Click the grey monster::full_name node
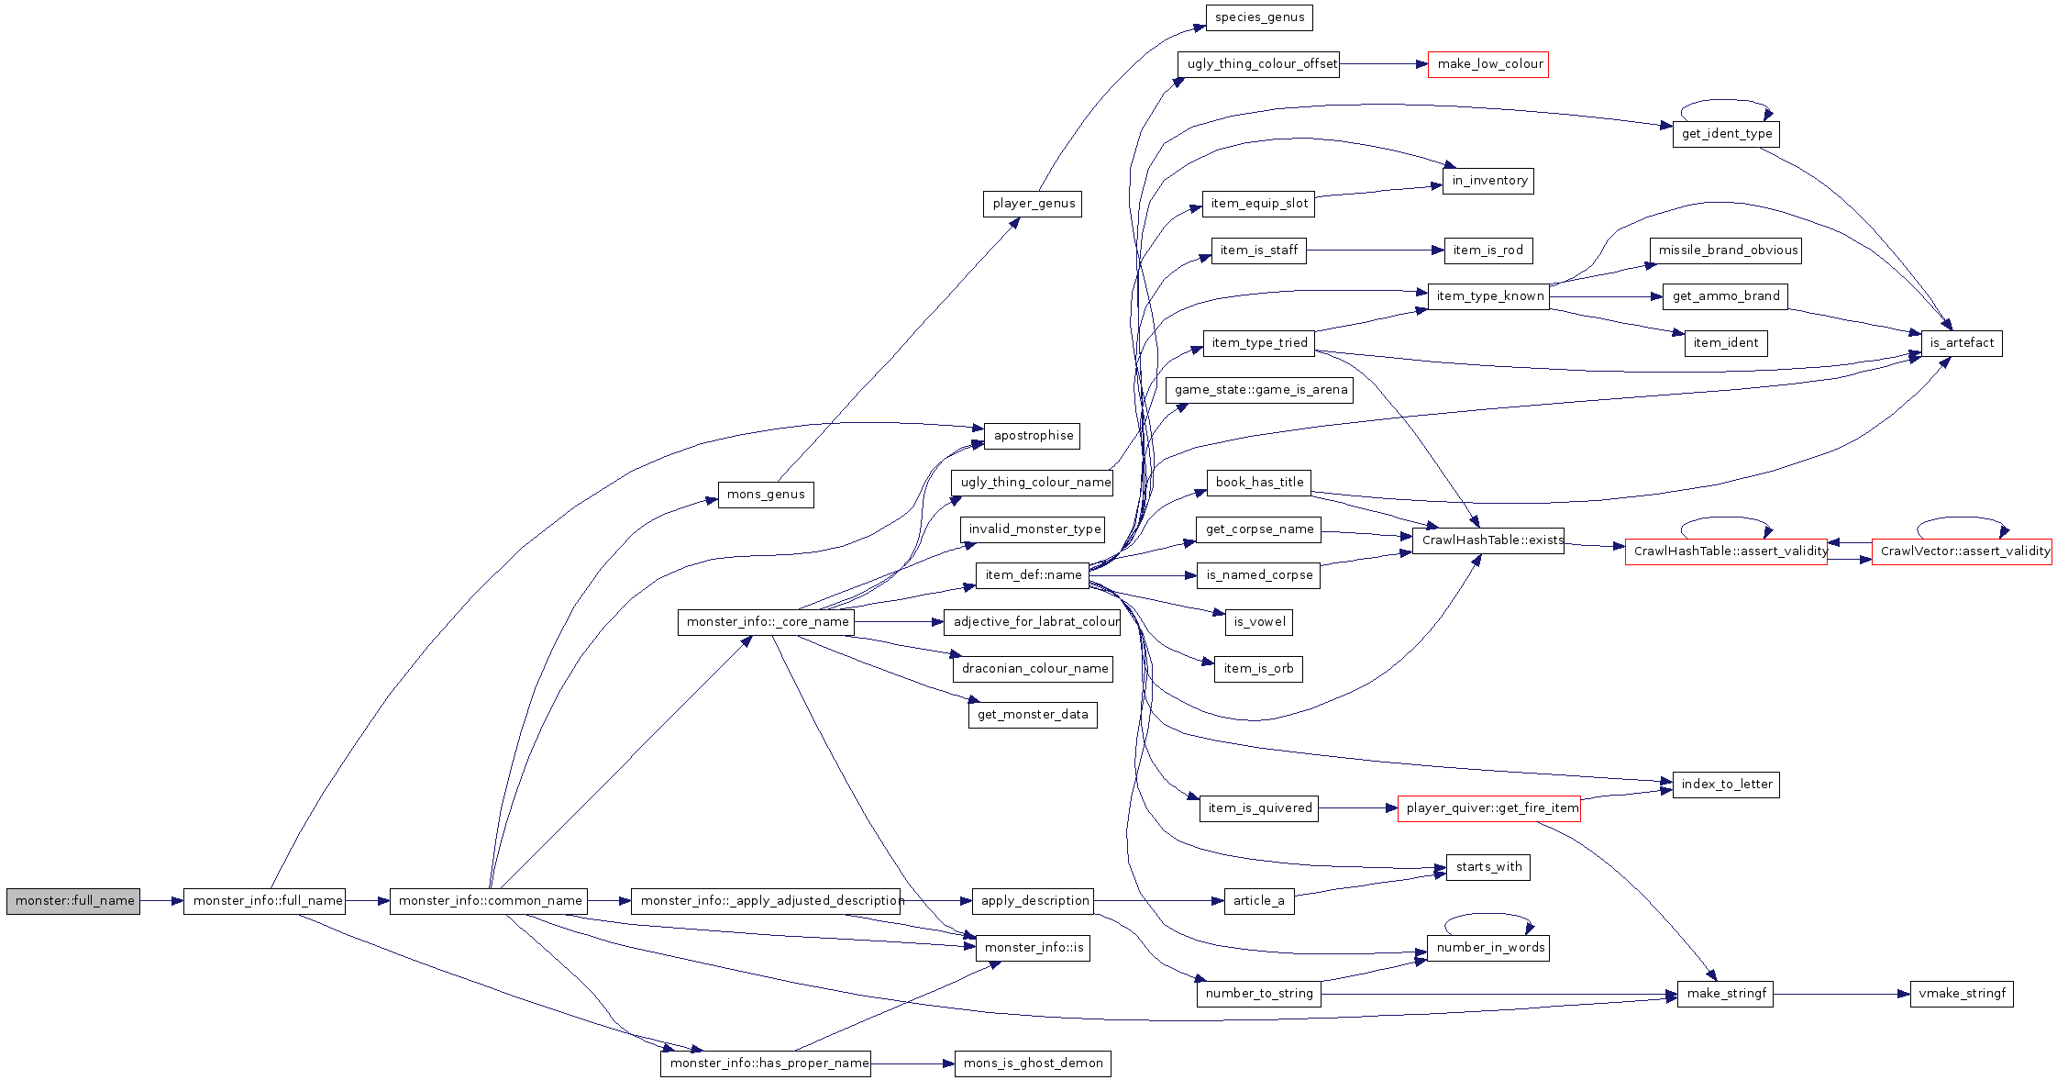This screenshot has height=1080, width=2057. click(73, 901)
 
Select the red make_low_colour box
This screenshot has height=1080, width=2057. click(1487, 64)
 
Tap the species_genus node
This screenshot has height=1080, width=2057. click(1259, 17)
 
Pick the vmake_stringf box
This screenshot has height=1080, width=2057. click(1962, 994)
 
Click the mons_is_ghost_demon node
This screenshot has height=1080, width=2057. click(1033, 1063)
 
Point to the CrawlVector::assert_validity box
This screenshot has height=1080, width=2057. click(1962, 551)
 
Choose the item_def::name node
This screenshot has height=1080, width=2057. click(1033, 575)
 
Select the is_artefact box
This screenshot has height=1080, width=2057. click(1962, 343)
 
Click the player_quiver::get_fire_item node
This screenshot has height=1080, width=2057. click(1489, 808)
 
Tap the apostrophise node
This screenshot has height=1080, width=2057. click(1032, 436)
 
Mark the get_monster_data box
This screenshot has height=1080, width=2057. click(1033, 715)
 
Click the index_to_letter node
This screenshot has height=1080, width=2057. click(1726, 785)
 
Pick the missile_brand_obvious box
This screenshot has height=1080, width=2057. click(1726, 251)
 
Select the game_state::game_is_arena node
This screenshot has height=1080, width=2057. click(1260, 390)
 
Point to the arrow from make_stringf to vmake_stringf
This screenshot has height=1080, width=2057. click(1841, 994)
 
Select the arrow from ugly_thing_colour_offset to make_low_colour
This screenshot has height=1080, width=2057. click(1383, 64)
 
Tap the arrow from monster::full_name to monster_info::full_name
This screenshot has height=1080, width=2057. click(161, 901)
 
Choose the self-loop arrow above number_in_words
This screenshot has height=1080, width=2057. click(1489, 914)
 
